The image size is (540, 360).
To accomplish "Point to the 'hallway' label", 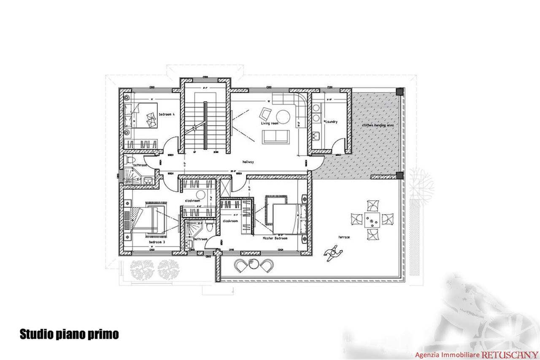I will [248, 161].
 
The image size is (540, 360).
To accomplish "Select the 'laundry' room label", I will [332, 122].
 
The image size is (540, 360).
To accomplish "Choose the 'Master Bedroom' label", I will [274, 238].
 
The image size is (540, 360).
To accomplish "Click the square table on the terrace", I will [372, 219].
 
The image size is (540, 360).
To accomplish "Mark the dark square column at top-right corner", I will [400, 91].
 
